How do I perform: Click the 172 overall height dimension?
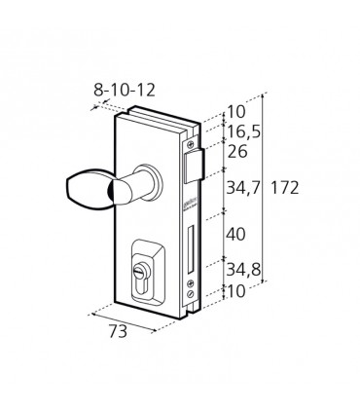[284, 188]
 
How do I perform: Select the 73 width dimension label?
[118, 332]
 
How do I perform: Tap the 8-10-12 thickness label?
[125, 90]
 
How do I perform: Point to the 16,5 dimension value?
[244, 131]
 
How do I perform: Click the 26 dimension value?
[237, 152]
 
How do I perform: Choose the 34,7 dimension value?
[243, 188]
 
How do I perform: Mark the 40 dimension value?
[235, 235]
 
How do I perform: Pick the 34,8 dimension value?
[243, 270]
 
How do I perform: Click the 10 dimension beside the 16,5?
[236, 112]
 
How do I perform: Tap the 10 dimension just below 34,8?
[236, 291]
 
